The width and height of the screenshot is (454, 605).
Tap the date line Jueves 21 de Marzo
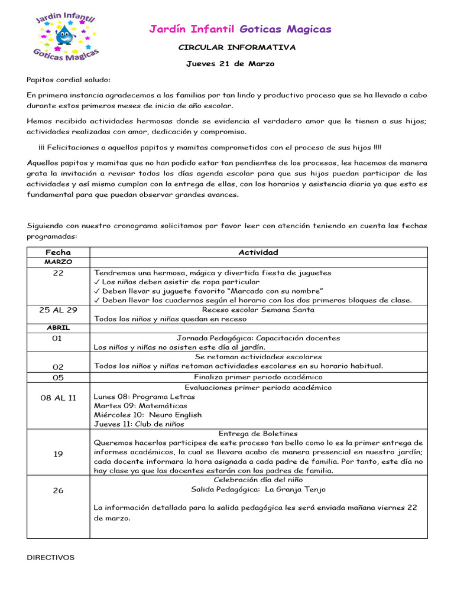click(231, 64)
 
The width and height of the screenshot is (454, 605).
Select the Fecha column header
click(58, 252)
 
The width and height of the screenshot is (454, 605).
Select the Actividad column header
click(258, 252)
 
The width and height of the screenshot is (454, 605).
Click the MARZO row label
click(58, 262)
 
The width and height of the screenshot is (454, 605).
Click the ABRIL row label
click(58, 328)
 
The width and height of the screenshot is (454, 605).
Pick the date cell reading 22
click(58, 273)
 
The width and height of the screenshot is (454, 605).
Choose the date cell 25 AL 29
click(58, 310)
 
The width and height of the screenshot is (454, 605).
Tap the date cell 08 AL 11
click(58, 398)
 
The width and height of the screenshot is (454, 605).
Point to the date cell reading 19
click(58, 454)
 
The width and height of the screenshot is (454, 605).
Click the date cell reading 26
click(58, 490)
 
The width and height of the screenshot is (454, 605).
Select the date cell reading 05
click(58, 377)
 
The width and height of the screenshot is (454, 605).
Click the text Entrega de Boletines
click(258, 434)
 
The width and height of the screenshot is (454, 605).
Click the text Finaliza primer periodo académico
click(258, 377)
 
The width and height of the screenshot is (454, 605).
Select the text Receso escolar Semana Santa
click(258, 310)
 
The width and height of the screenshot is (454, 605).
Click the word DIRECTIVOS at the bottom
click(51, 557)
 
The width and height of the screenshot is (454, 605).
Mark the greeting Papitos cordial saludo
click(69, 80)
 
